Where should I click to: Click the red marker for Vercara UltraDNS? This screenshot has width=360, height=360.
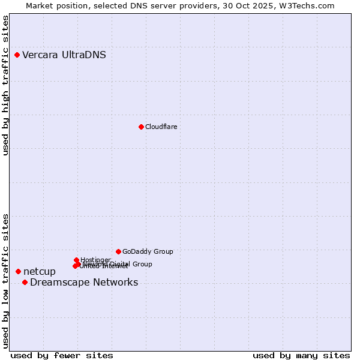point(17,55)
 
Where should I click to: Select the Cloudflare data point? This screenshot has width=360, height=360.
point(141,127)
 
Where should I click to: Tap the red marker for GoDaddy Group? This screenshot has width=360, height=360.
point(118,251)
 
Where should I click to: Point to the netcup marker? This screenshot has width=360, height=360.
point(18,272)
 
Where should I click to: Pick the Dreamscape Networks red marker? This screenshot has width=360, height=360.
point(25,283)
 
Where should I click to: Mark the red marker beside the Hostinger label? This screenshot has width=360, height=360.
point(76,260)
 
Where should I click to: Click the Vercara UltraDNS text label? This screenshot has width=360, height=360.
point(64,55)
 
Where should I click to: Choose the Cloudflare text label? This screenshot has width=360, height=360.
point(161,127)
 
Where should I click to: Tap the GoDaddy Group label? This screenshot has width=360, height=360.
point(148,251)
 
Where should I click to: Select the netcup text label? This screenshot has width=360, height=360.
point(40,272)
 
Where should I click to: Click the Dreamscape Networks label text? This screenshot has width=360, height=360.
point(84,283)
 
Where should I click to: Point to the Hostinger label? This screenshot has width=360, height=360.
point(96,259)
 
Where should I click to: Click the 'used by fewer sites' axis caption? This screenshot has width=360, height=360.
point(62,355)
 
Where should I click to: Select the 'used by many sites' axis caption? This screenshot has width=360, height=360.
point(301,355)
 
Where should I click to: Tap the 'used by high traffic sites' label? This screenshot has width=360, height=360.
point(6,86)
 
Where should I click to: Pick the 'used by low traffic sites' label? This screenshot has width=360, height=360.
point(6,280)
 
